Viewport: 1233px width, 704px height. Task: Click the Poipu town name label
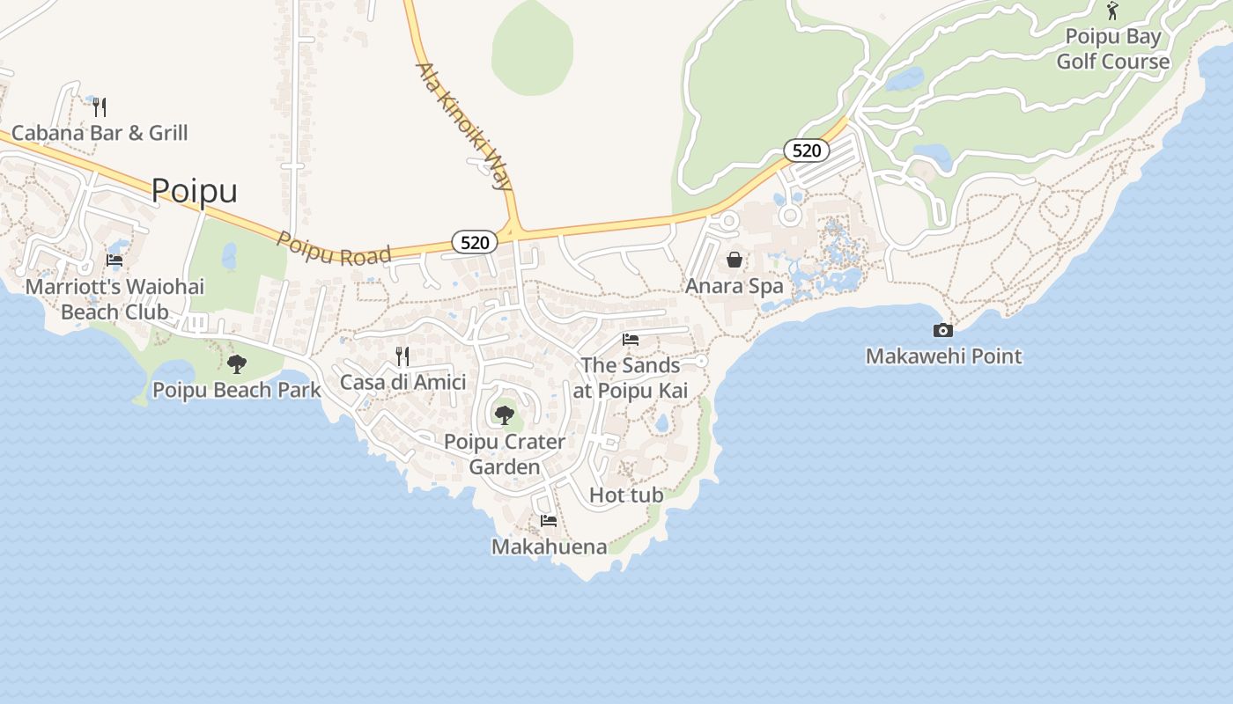point(195,190)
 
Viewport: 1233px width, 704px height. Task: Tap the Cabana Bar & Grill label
point(100,133)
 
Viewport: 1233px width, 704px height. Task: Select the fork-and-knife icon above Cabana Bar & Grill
point(100,107)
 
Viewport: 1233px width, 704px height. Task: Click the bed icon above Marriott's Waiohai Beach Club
point(114,260)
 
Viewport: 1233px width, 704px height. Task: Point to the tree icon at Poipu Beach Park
point(236,363)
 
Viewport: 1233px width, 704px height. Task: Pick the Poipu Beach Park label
point(236,390)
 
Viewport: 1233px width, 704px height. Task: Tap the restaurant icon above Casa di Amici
point(402,356)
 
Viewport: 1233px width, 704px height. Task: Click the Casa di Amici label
point(402,382)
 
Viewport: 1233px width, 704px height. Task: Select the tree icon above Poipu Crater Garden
point(504,414)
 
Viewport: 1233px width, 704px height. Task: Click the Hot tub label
point(626,495)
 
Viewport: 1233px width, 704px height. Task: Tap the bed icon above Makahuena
point(549,521)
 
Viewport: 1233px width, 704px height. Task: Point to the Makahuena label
point(549,546)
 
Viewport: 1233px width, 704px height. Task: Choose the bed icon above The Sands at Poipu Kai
point(631,340)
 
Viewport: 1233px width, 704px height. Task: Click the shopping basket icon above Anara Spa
point(735,260)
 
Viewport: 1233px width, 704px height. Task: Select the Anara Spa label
point(735,286)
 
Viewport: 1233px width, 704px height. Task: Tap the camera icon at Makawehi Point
point(943,331)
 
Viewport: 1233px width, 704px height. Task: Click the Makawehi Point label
point(943,356)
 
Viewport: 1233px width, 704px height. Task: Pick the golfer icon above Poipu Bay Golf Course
point(1113,11)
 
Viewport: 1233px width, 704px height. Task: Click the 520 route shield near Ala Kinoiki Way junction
point(475,242)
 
